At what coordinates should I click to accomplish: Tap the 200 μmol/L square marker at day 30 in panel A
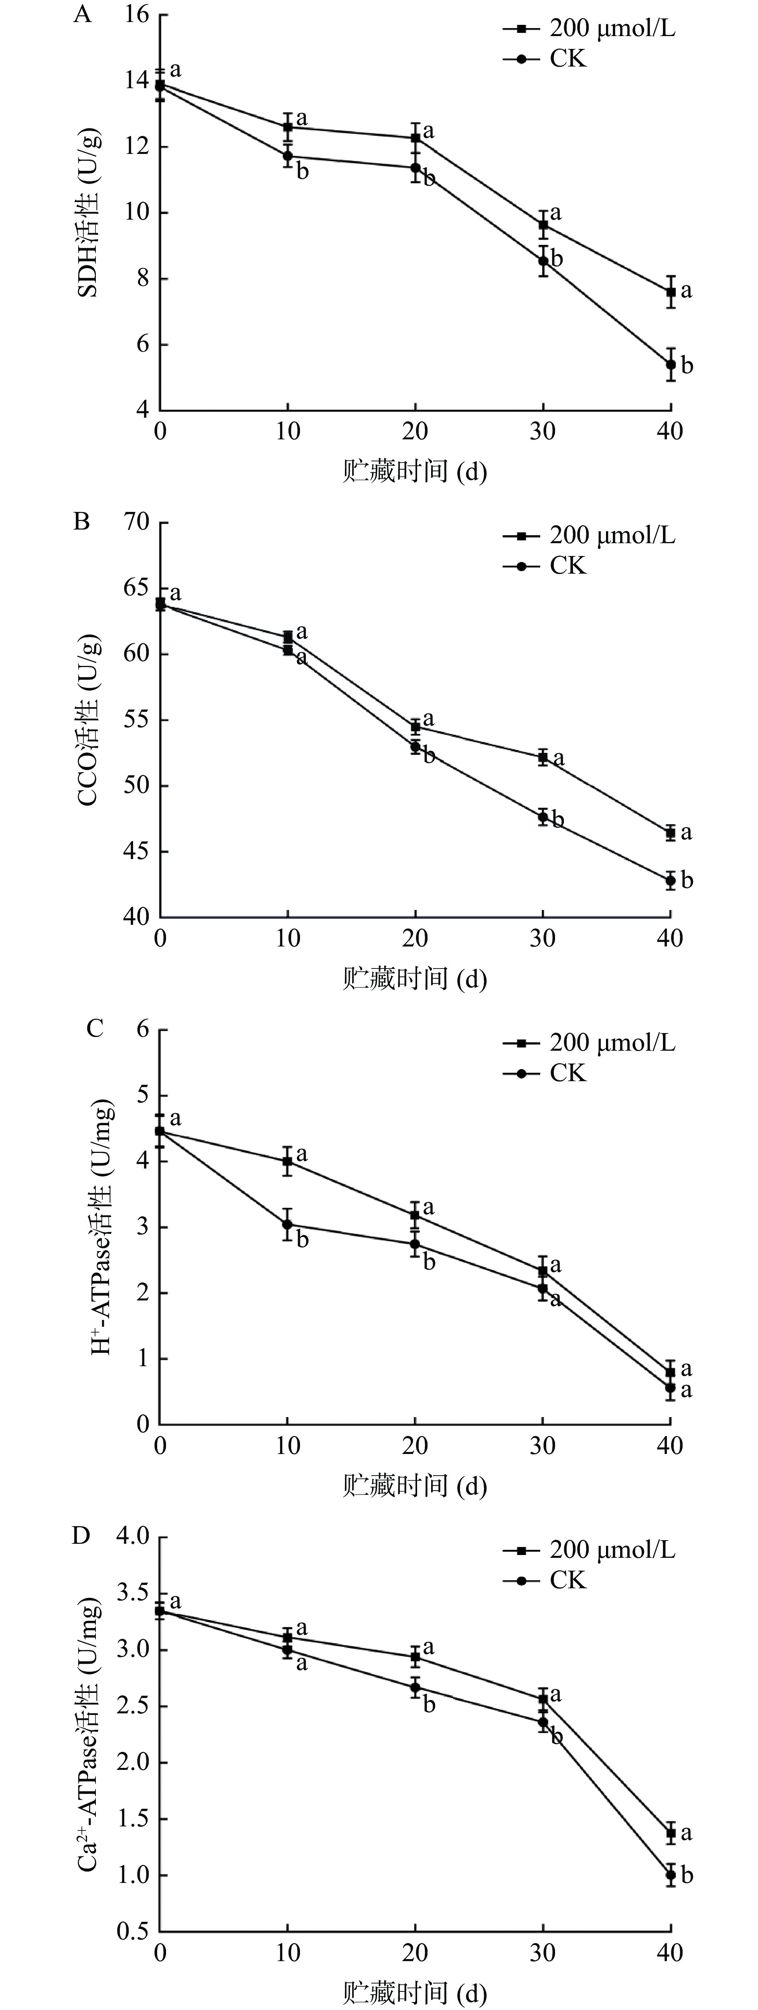pyautogui.click(x=543, y=225)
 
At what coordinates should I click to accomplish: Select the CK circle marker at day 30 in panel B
pyautogui.click(x=543, y=817)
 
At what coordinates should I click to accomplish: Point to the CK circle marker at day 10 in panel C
pyautogui.click(x=288, y=1224)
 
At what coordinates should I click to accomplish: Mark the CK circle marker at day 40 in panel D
pyautogui.click(x=671, y=1874)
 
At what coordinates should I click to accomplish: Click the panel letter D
pyautogui.click(x=81, y=1536)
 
